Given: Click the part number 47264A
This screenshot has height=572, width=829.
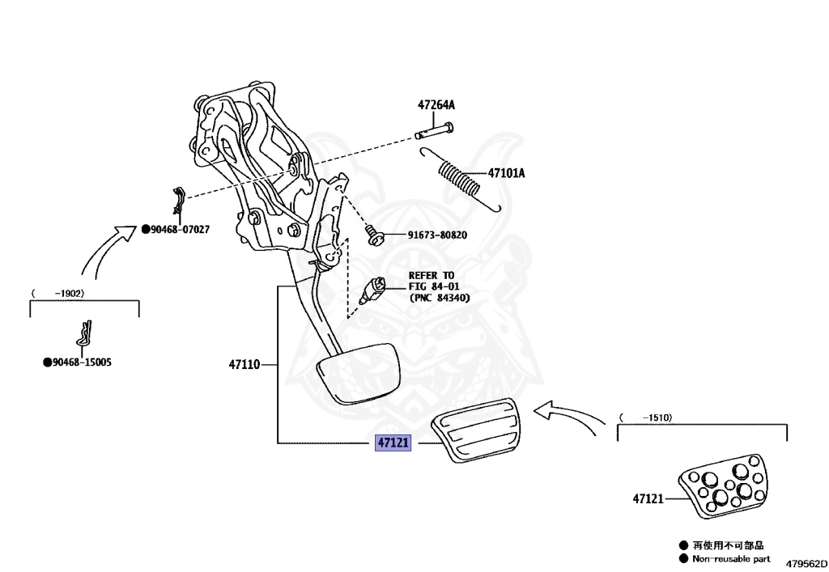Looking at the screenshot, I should click(x=436, y=105).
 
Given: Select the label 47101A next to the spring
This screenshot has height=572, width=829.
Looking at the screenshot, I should click(x=506, y=173).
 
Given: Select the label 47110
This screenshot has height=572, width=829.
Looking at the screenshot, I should click(x=244, y=365).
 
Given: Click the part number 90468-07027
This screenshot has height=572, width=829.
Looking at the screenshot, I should click(x=180, y=230).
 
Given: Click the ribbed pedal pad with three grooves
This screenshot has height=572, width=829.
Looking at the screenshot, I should click(x=477, y=437).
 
